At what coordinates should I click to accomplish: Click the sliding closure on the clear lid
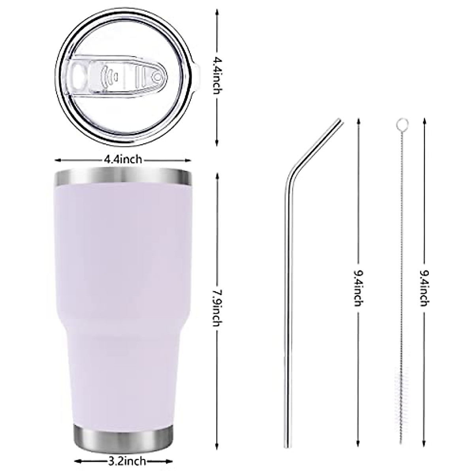tap(118, 75)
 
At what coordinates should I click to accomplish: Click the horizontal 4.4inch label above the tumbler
tap(123, 160)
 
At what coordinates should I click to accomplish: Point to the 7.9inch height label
tap(217, 308)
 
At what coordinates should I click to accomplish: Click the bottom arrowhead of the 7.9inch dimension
tap(217, 432)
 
